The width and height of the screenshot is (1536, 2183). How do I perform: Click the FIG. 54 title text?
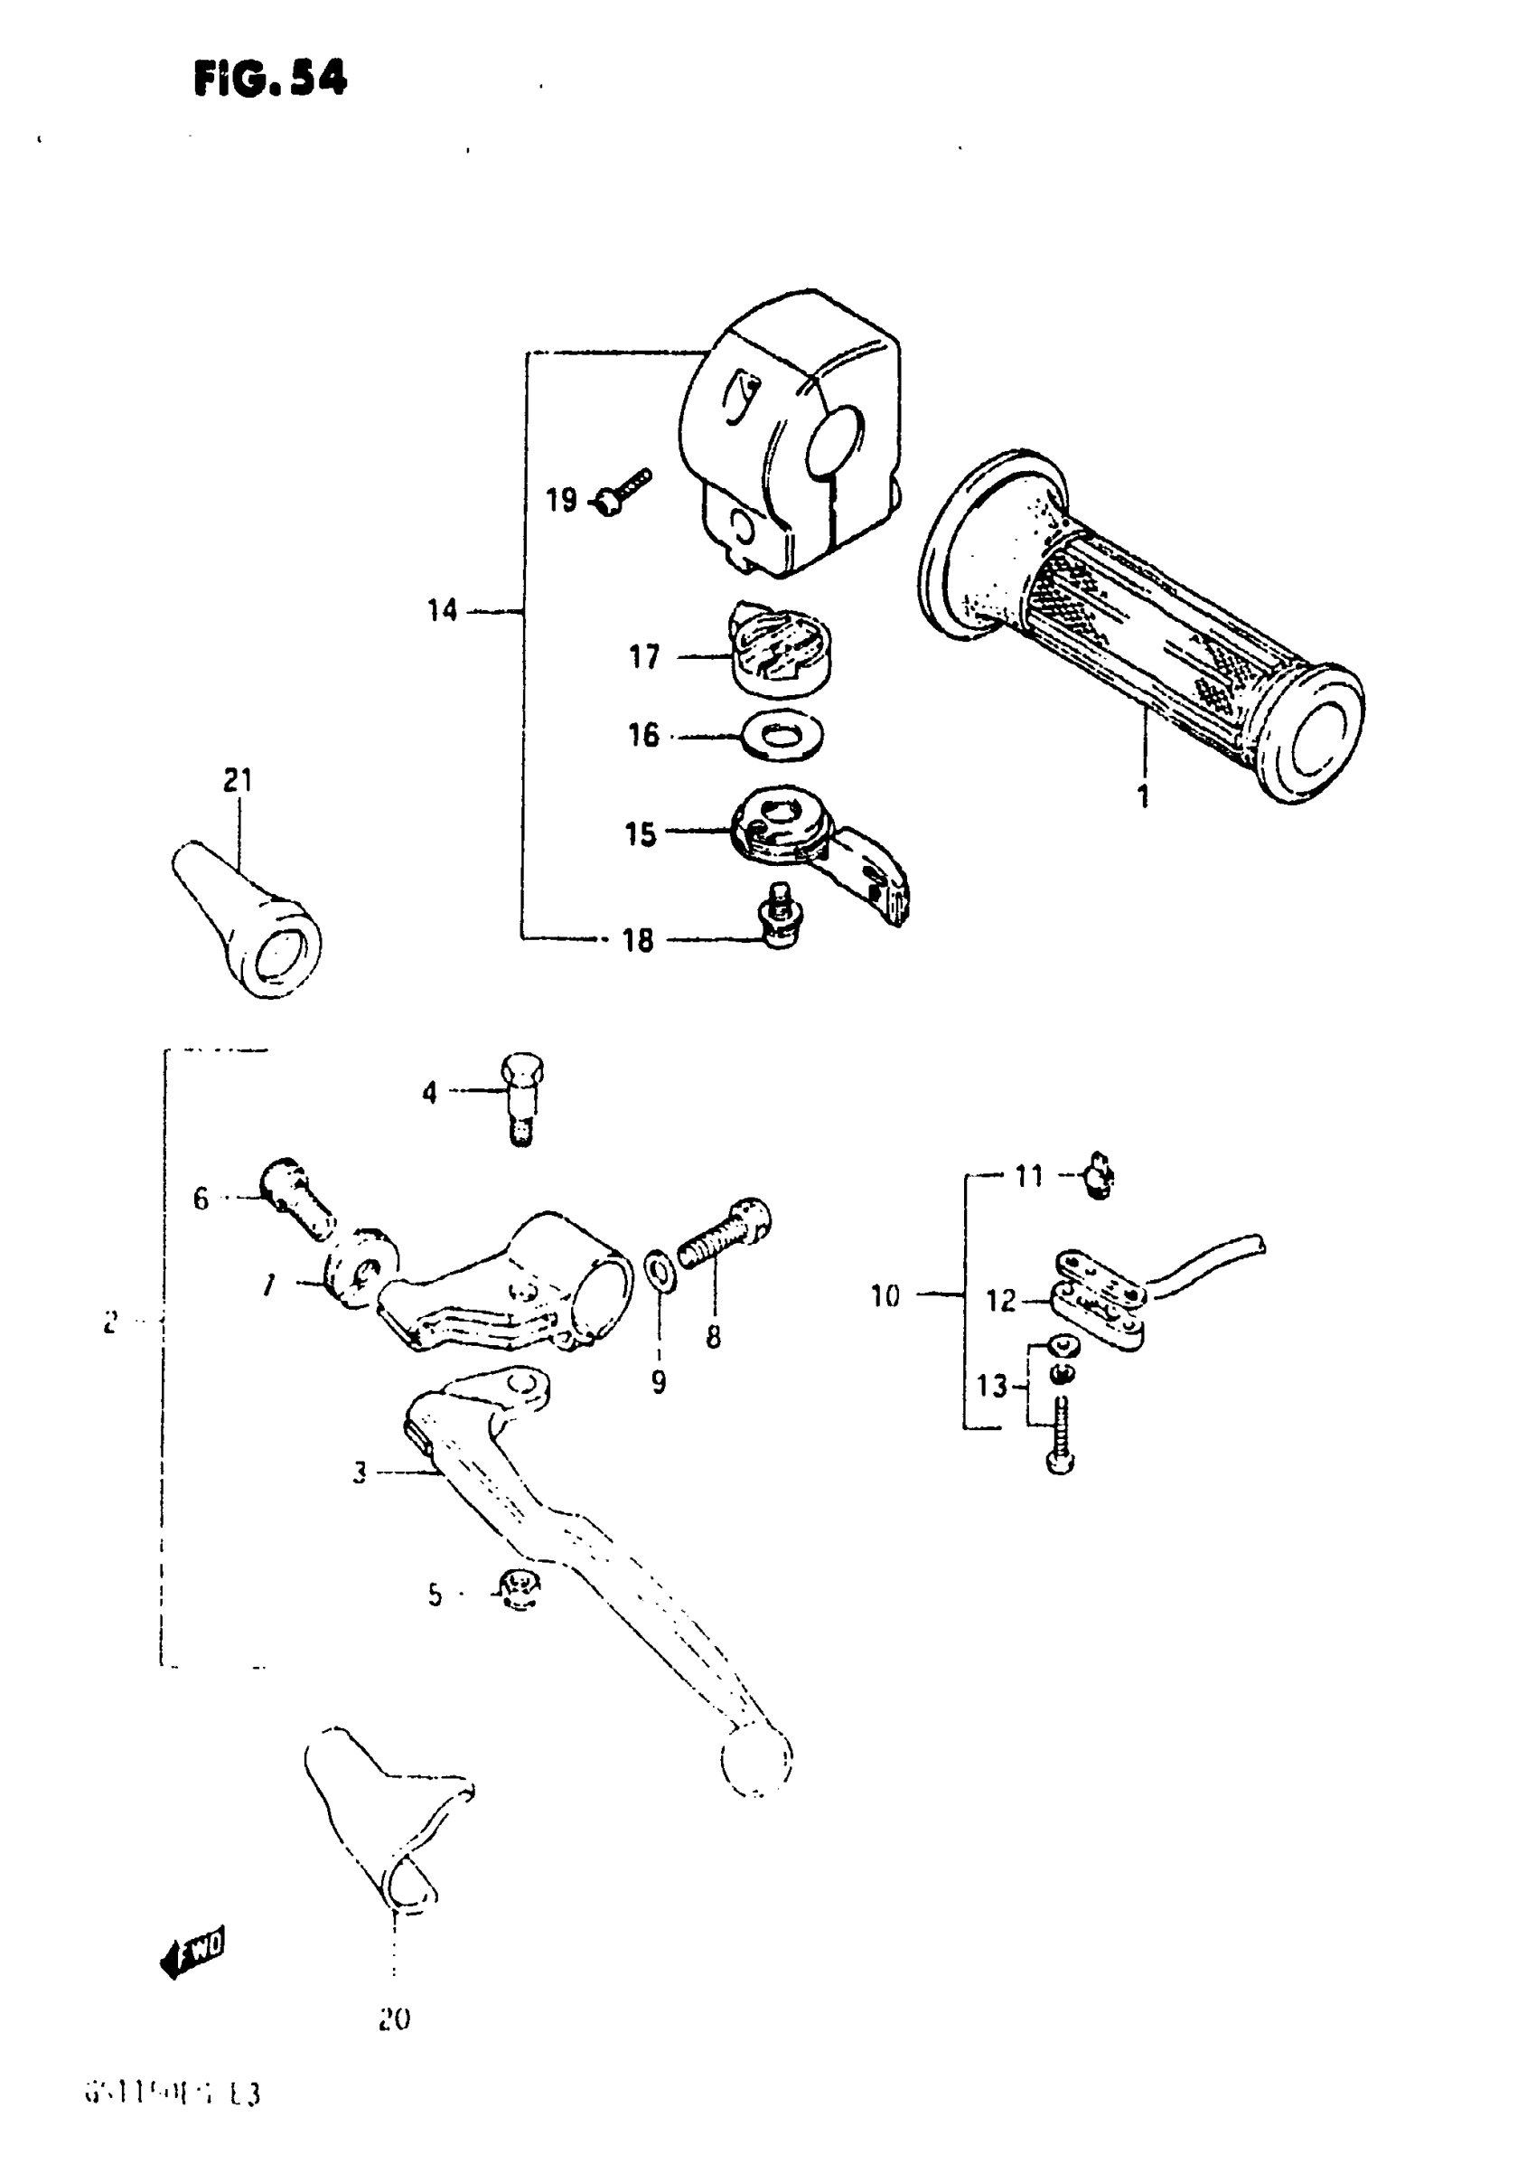click(x=270, y=78)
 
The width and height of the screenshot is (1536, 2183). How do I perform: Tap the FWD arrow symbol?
click(x=194, y=1955)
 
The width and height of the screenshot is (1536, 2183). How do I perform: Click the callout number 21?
click(x=238, y=781)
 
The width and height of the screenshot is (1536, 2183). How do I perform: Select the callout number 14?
click(x=442, y=610)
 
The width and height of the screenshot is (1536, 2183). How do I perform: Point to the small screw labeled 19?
click(x=621, y=490)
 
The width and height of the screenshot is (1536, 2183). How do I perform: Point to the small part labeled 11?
click(x=1100, y=1176)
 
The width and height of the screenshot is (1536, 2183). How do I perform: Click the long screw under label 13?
click(x=1061, y=1437)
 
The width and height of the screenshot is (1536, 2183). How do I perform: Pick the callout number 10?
click(x=885, y=1296)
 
